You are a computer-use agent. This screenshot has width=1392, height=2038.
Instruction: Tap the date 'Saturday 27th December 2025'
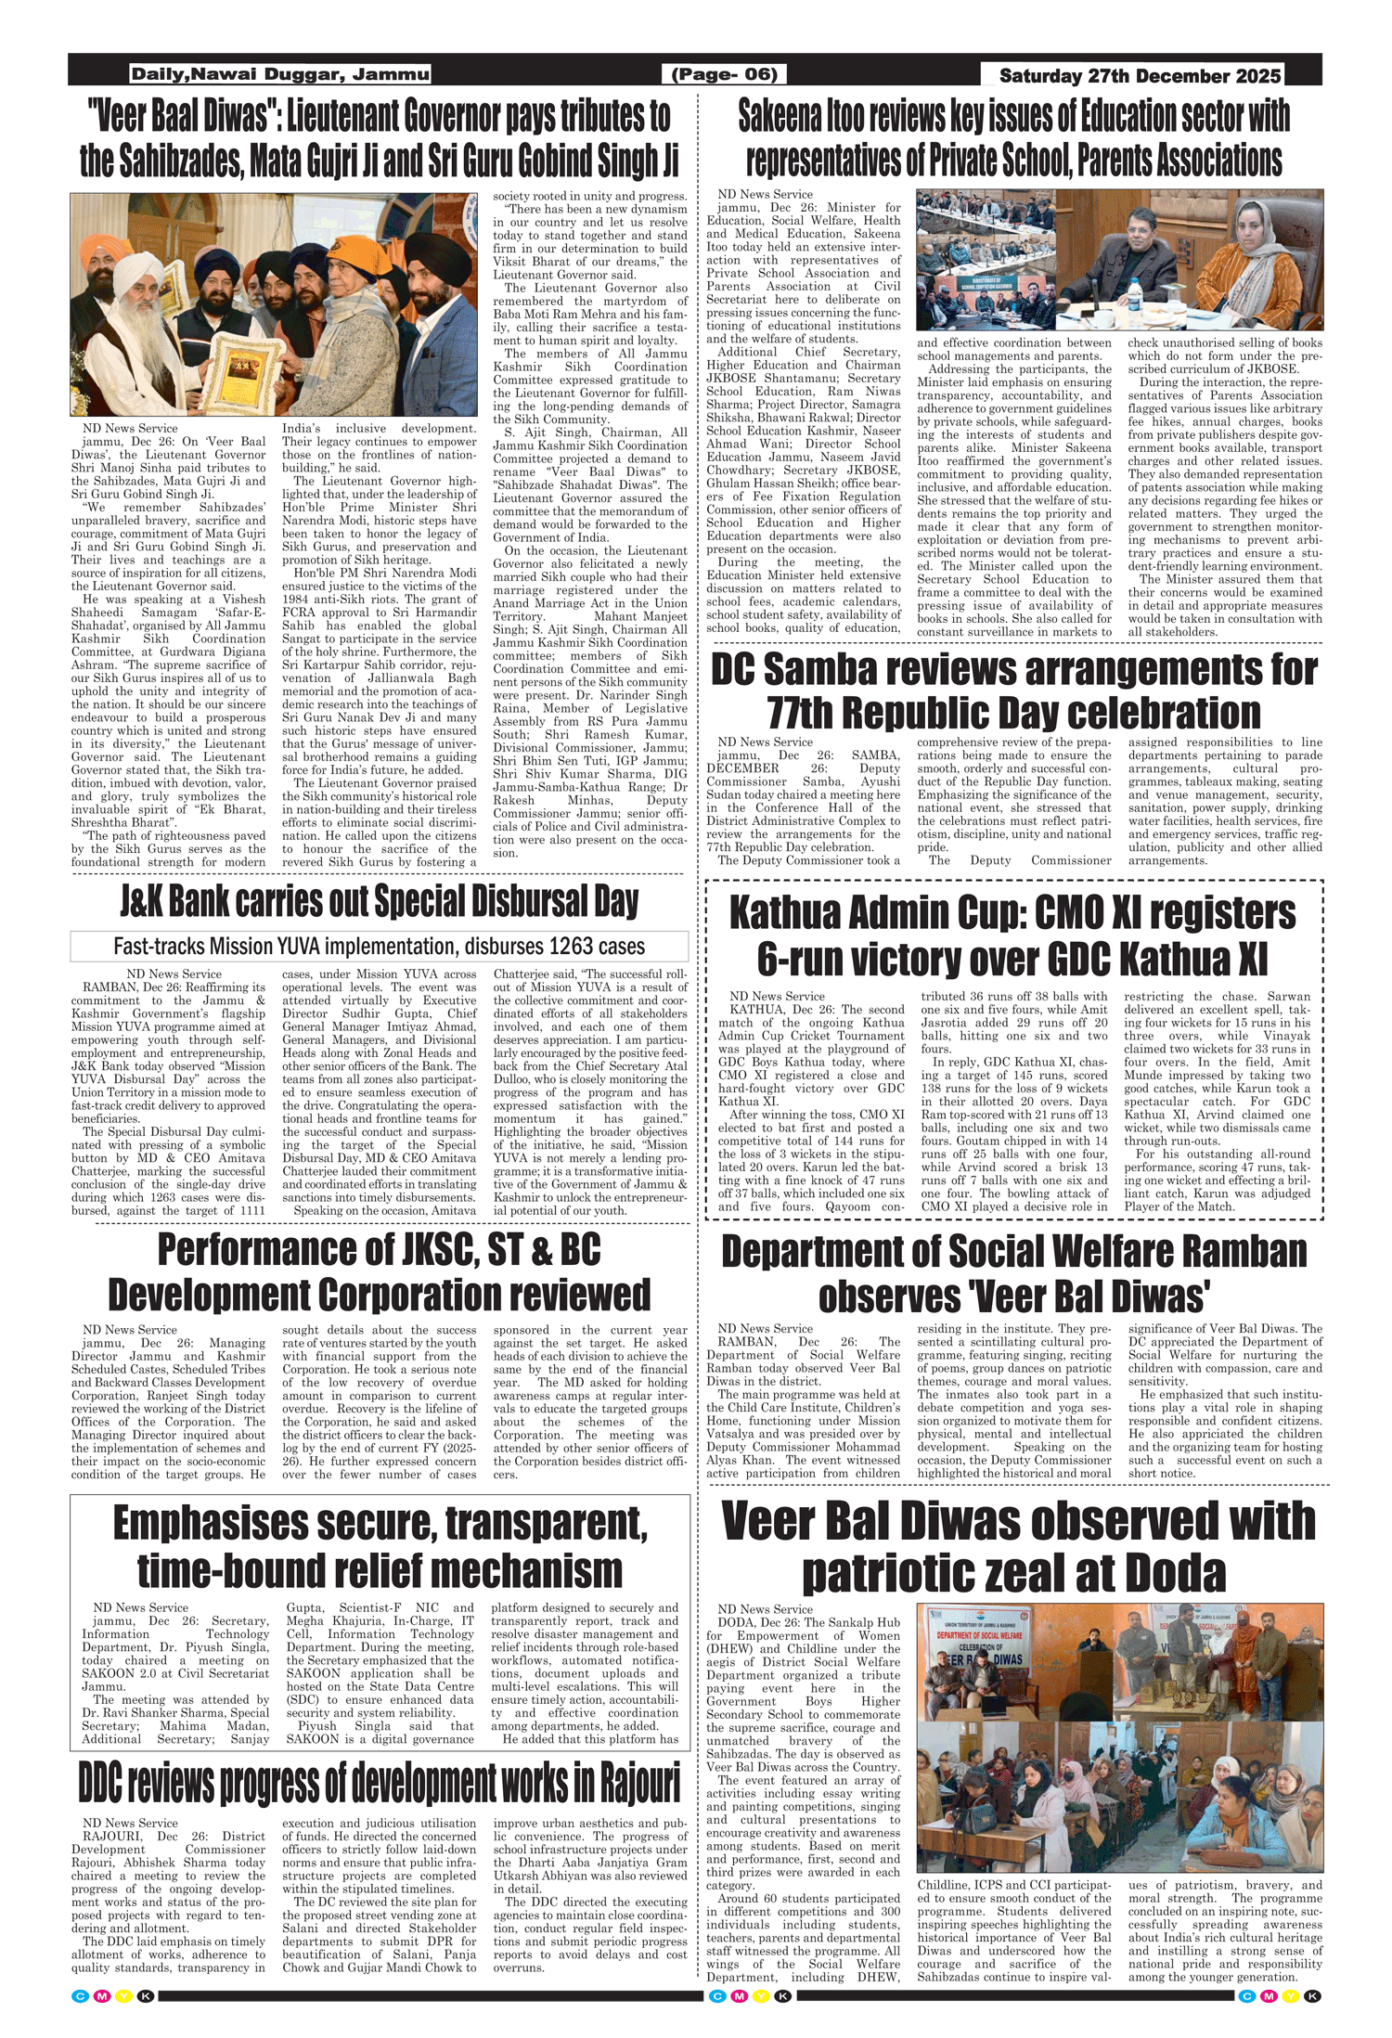[1140, 76]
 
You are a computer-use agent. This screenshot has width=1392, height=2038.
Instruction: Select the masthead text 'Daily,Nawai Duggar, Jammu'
[280, 74]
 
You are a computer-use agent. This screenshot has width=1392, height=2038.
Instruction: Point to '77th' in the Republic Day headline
[806, 713]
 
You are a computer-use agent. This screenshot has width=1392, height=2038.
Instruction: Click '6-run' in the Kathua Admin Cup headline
[805, 958]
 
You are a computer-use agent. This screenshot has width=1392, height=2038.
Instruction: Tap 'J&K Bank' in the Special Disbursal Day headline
[175, 902]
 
